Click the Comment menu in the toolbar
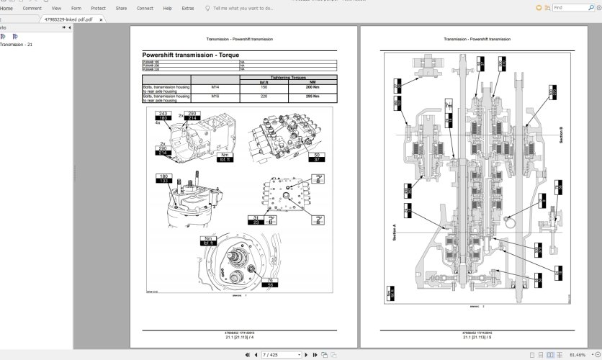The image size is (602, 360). (32, 8)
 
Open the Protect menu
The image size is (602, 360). (98, 8)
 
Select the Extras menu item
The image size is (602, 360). (188, 8)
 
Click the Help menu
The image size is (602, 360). (167, 8)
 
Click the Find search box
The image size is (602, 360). (572, 8)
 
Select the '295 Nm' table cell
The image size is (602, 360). (313, 96)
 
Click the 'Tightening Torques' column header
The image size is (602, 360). (288, 77)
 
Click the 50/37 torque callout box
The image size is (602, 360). (317, 157)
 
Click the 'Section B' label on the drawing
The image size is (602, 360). (560, 135)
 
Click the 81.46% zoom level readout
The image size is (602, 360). (578, 355)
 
